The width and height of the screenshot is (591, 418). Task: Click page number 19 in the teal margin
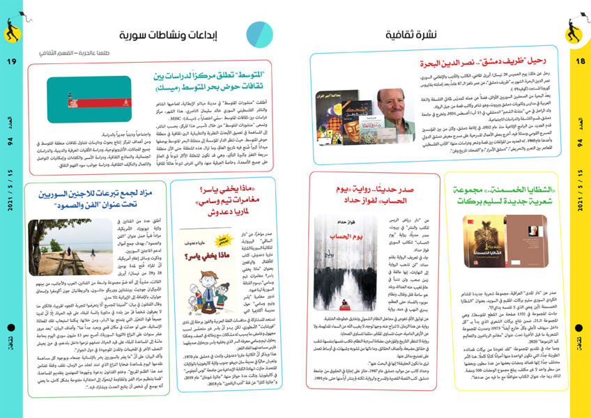(11, 62)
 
